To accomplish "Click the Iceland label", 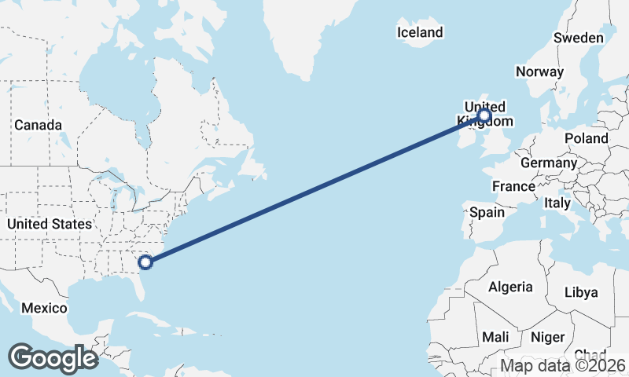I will coord(420,32).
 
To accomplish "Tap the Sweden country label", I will coord(579,38).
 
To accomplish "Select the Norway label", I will coord(539,71).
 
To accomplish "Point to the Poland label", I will coord(587,138).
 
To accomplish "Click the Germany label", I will coord(549,163).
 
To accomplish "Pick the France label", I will coord(513,186).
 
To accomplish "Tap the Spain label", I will coord(487,212).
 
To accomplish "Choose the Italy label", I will coord(557,203).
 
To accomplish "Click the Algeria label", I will coord(510,287).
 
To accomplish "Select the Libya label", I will coord(581,292).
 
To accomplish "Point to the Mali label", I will coord(495,337).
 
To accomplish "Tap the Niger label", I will coord(548,337).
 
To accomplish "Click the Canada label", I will coord(38,125).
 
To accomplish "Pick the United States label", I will coord(50,224).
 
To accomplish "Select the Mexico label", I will coord(44,308).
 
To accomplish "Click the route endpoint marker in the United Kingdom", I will coord(484,116).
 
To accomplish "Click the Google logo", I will coord(53,357).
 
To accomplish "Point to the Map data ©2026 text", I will coord(563,366).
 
